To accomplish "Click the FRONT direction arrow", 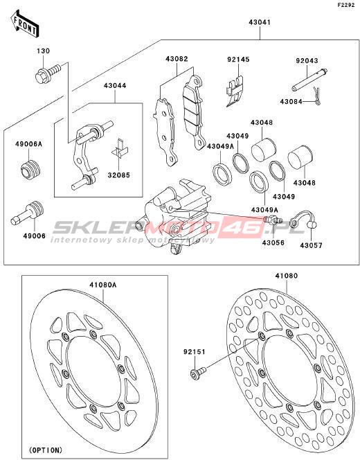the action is (25, 24).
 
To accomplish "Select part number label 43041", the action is (260, 22).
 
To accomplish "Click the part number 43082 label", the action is (177, 59).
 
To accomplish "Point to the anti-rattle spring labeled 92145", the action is (235, 91).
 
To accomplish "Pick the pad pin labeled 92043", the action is (309, 80).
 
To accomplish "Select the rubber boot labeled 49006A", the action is (30, 169).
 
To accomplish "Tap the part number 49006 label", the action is (34, 236).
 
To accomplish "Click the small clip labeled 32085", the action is (120, 149).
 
